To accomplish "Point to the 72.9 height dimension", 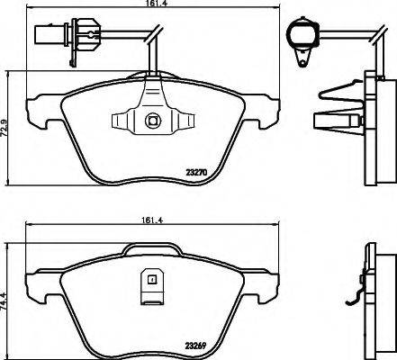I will point(8,130).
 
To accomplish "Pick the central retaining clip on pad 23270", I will point(150,120).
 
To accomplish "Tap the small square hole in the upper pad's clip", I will point(150,120).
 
